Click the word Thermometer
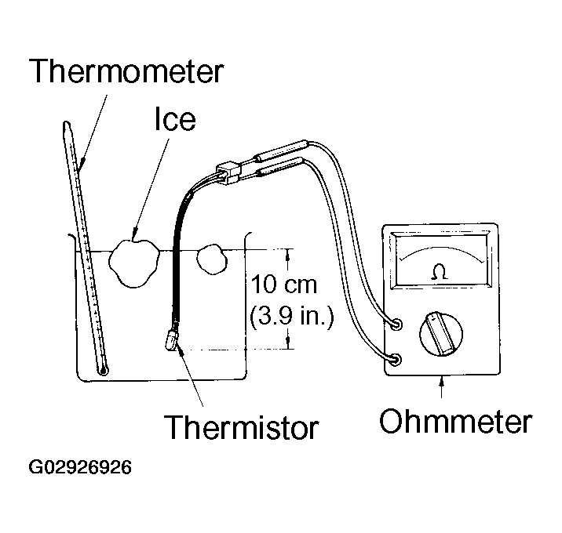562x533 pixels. [x=126, y=71]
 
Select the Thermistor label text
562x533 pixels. [x=241, y=426]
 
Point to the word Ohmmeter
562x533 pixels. [x=455, y=421]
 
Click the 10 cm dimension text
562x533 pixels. [x=284, y=285]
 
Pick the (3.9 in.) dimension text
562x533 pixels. [x=291, y=317]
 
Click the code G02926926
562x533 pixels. [x=80, y=467]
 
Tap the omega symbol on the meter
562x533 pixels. [x=440, y=272]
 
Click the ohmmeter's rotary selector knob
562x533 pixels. [x=441, y=334]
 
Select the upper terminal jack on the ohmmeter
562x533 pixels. [x=396, y=325]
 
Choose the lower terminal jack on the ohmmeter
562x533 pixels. [x=396, y=360]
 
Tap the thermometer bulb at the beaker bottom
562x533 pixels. [x=104, y=371]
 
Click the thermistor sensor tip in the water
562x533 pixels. [x=171, y=340]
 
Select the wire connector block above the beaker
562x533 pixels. [x=228, y=172]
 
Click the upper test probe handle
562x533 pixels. [x=281, y=150]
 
